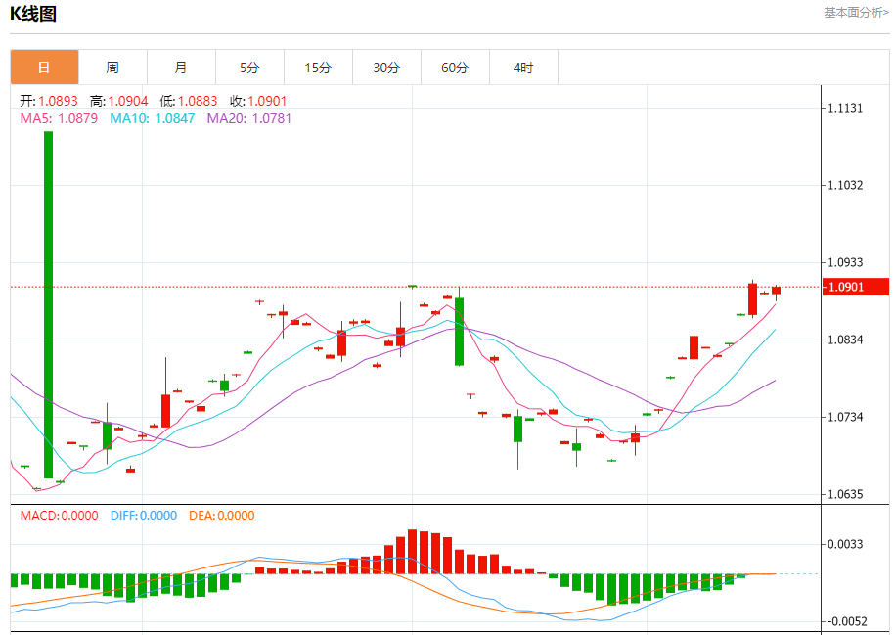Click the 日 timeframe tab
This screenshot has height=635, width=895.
click(x=44, y=68)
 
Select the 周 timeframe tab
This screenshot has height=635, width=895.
click(x=112, y=68)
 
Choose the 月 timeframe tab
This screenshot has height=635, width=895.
click(x=181, y=68)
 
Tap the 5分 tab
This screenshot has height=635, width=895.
click(x=249, y=68)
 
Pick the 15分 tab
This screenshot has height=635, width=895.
click(x=318, y=68)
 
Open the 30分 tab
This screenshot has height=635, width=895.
click(x=386, y=68)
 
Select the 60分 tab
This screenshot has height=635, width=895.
click(x=455, y=68)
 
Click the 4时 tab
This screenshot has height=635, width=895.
click(x=523, y=68)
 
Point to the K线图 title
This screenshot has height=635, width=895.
click(x=33, y=14)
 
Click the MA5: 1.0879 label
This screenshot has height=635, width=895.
click(x=59, y=118)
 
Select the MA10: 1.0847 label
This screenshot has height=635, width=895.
click(x=151, y=118)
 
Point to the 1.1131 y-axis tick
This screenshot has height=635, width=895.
click(x=845, y=108)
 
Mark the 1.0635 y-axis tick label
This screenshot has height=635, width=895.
click(x=845, y=494)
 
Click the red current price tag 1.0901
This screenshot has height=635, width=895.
click(x=857, y=287)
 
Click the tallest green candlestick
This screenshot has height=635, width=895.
click(x=48, y=303)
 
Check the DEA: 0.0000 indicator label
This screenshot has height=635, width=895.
click(x=221, y=516)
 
